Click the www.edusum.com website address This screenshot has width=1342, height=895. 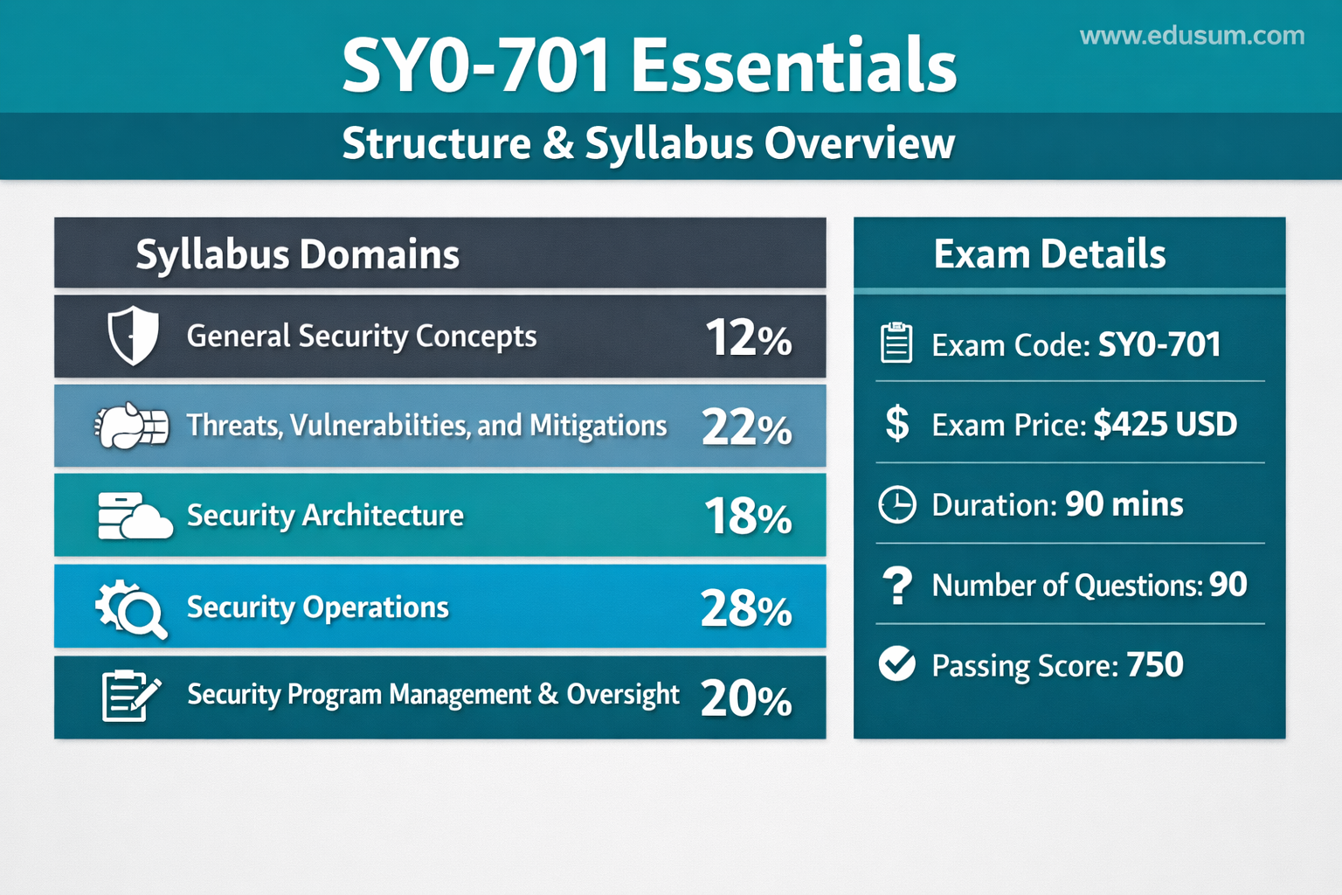coord(1193,36)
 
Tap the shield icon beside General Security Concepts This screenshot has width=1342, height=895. coord(133,335)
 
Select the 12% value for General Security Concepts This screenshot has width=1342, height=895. coord(749,337)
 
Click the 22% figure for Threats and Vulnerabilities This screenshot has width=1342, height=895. coord(747,427)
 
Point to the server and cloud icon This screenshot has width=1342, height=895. coord(135,517)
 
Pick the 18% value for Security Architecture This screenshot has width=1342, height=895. coord(748,517)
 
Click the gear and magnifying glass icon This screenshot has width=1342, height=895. coord(131,608)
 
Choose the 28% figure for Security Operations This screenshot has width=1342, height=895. coord(746,608)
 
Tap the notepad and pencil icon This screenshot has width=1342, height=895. coord(131,696)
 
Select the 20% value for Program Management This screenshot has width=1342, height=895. coord(746,699)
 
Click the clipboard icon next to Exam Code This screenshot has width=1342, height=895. coord(897,343)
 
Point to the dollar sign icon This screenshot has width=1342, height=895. coord(897,423)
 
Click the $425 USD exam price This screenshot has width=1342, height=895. coord(1166,425)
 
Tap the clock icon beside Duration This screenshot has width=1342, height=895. coord(897,505)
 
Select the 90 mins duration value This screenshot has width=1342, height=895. coord(1124,504)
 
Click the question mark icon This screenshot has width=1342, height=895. coord(897,586)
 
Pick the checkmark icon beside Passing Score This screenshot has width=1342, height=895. coord(897,664)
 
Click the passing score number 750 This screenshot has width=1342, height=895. coord(1155,664)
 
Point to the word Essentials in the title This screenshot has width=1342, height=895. coord(794,65)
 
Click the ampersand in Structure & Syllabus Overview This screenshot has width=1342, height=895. coord(558,144)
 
